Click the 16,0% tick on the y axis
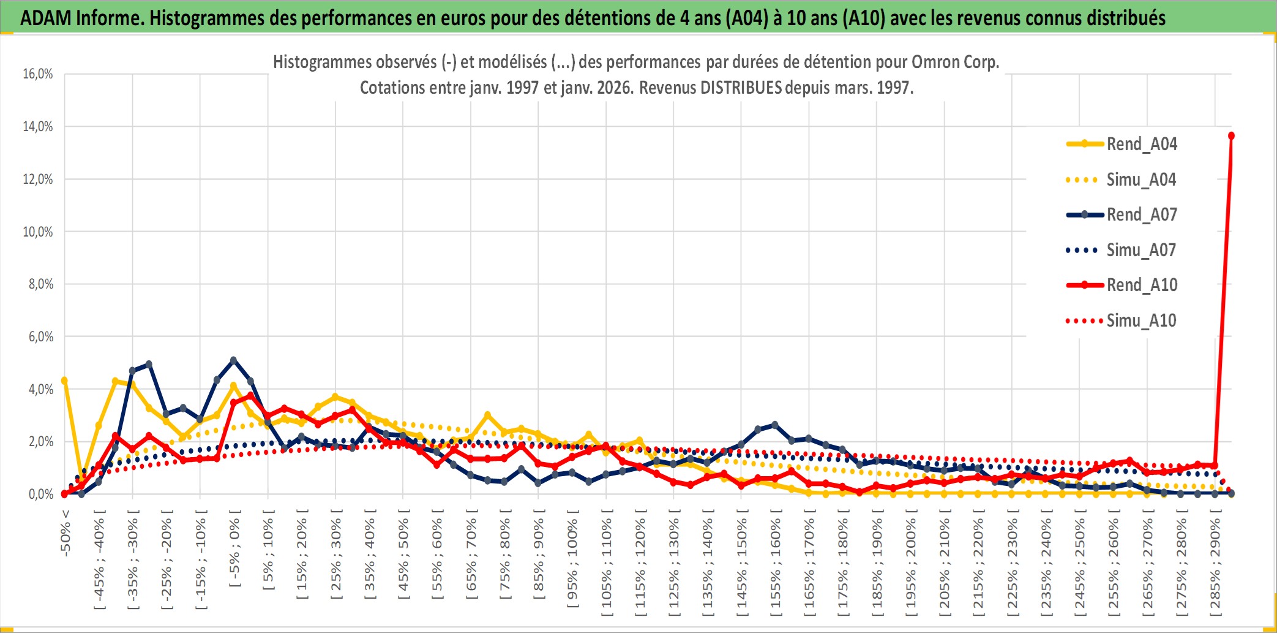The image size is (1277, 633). [x=38, y=74]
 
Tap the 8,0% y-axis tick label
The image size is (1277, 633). [x=40, y=284]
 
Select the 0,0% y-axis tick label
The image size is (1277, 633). [x=40, y=494]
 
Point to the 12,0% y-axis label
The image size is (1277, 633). [x=38, y=180]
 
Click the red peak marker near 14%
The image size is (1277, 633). [x=1231, y=135]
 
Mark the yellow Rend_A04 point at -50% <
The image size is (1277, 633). [x=64, y=381]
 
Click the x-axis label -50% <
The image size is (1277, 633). [x=66, y=533]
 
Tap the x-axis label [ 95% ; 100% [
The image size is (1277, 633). [x=572, y=564]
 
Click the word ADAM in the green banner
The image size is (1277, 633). [x=46, y=18]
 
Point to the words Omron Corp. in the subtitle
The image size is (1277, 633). [x=955, y=62]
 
